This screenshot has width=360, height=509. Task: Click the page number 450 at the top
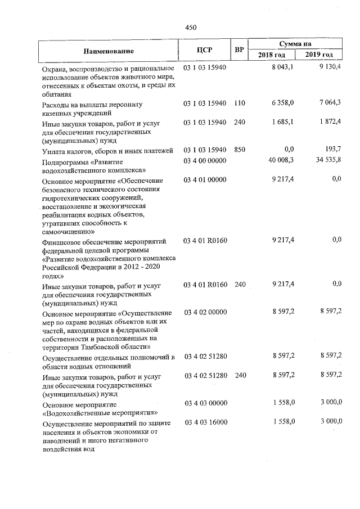(x=191, y=26)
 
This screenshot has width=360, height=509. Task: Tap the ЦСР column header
(x=204, y=49)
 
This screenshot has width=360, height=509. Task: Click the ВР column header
(x=239, y=49)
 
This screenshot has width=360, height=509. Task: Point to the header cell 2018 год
(x=272, y=55)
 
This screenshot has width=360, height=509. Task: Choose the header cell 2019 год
(x=319, y=55)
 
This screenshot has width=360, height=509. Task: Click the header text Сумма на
(x=295, y=44)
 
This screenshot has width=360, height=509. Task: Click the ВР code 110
(x=240, y=104)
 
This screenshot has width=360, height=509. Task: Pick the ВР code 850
(x=240, y=150)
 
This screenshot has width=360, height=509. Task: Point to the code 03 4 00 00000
(x=205, y=161)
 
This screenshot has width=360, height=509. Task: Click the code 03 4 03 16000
(x=205, y=422)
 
